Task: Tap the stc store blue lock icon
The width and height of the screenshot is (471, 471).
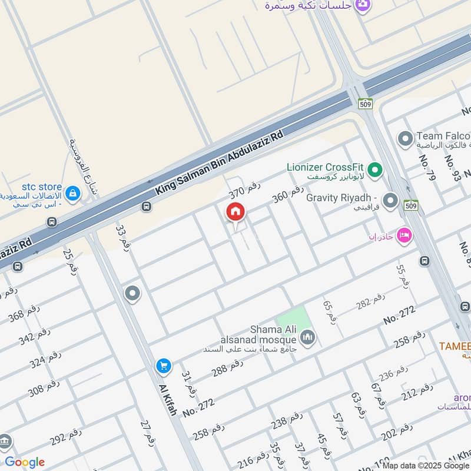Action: pos(73,193)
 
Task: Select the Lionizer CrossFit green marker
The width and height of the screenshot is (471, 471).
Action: pos(375,171)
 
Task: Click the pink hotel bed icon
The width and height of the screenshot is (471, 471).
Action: pos(404,235)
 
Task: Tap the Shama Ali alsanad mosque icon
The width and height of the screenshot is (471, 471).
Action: pos(307,337)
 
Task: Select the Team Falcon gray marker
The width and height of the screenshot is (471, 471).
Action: pos(404,140)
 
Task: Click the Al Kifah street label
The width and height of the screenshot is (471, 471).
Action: pos(167,400)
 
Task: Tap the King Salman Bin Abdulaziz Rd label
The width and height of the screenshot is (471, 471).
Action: pos(219,163)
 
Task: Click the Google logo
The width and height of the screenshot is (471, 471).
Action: pos(25,462)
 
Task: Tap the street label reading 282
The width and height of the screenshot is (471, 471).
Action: pos(370,301)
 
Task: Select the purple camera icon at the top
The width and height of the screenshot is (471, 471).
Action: pos(364,4)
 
